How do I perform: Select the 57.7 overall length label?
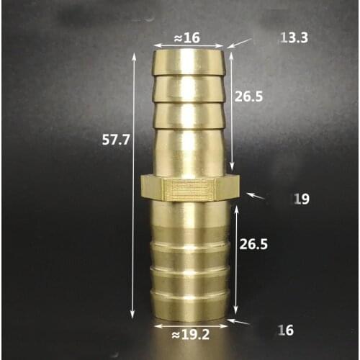pyautogui.click(x=115, y=140)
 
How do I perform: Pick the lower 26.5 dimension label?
pyautogui.click(x=253, y=244)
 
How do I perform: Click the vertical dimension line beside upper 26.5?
pyautogui.click(x=232, y=108)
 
